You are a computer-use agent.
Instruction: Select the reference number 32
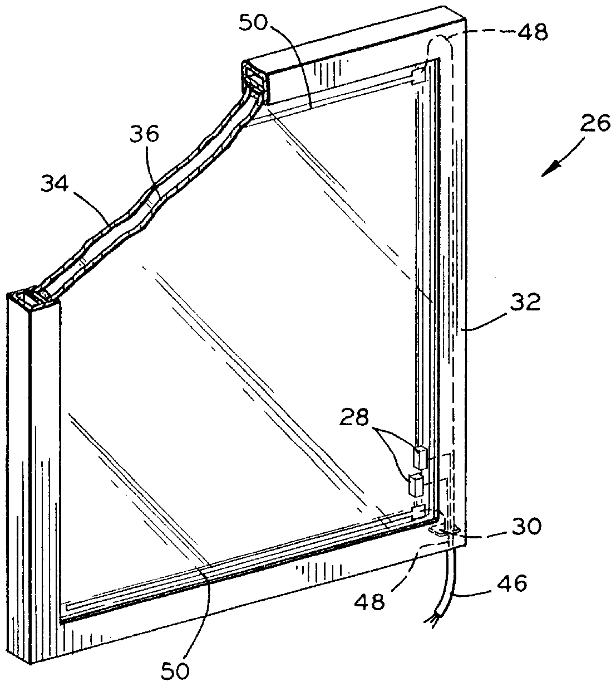click(525, 304)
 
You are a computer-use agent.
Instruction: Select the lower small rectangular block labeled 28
click(415, 485)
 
